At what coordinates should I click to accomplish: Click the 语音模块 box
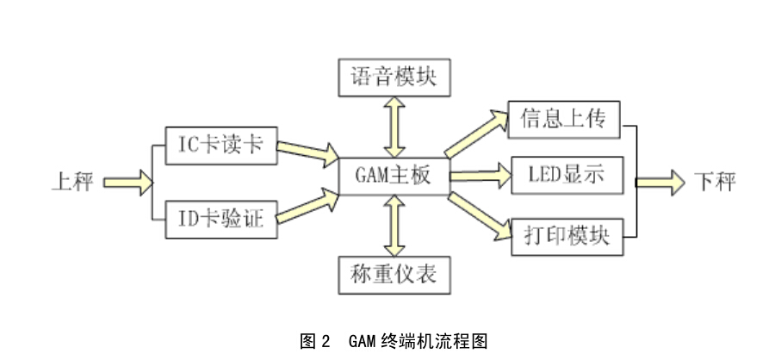(x=394, y=78)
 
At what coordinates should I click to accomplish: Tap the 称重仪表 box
(x=394, y=273)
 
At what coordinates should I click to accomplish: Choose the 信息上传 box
(x=564, y=120)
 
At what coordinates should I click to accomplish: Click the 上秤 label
(x=72, y=182)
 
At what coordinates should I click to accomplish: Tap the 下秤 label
(x=715, y=182)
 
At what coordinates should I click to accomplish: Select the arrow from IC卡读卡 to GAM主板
(x=307, y=154)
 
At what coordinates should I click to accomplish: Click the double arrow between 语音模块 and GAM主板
(x=394, y=127)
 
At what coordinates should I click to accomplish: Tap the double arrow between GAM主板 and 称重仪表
(x=394, y=226)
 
